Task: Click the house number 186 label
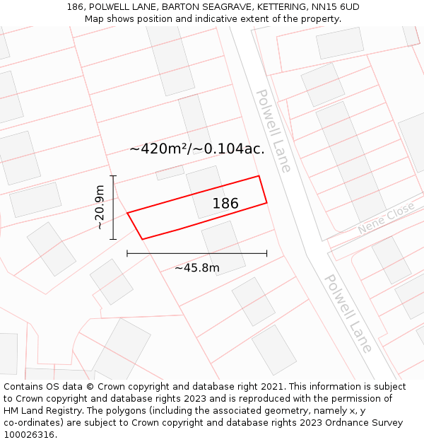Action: (x=225, y=204)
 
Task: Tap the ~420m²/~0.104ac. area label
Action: (x=197, y=149)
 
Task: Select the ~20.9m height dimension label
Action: (x=100, y=207)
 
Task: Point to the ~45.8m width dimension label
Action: (x=196, y=267)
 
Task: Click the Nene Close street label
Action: (x=386, y=219)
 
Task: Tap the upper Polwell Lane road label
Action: (x=273, y=130)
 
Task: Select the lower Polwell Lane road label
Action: (x=348, y=313)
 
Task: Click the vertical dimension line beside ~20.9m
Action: (x=113, y=207)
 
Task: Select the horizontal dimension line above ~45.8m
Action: (x=196, y=253)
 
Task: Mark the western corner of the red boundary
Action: (x=127, y=213)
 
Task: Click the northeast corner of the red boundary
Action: (x=259, y=176)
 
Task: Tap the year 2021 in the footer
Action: (x=271, y=387)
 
